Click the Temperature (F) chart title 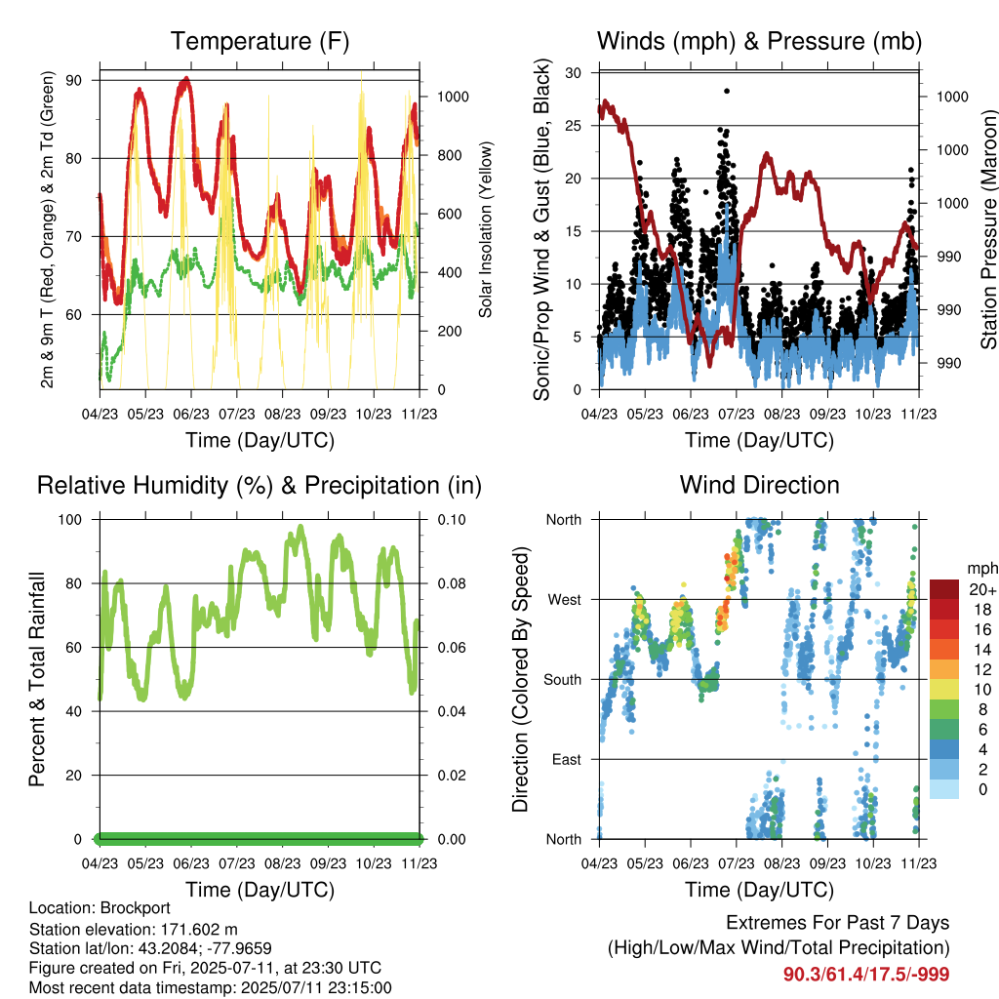(260, 41)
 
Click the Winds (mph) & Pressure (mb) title (759, 41)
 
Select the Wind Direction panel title (759, 485)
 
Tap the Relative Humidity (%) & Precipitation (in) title (260, 486)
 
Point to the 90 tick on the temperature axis (73, 80)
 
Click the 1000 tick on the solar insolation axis (453, 97)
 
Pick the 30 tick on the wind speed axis (573, 72)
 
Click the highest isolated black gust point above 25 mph (727, 91)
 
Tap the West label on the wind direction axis (564, 600)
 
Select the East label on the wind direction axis (567, 759)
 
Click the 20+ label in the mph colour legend (982, 590)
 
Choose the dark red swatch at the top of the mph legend (944, 589)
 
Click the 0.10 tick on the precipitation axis (452, 520)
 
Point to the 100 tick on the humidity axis (70, 520)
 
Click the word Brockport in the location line (135, 908)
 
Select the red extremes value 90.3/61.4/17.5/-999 (866, 975)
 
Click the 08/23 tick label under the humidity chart (282, 863)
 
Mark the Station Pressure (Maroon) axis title (988, 229)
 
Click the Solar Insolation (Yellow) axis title (486, 229)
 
